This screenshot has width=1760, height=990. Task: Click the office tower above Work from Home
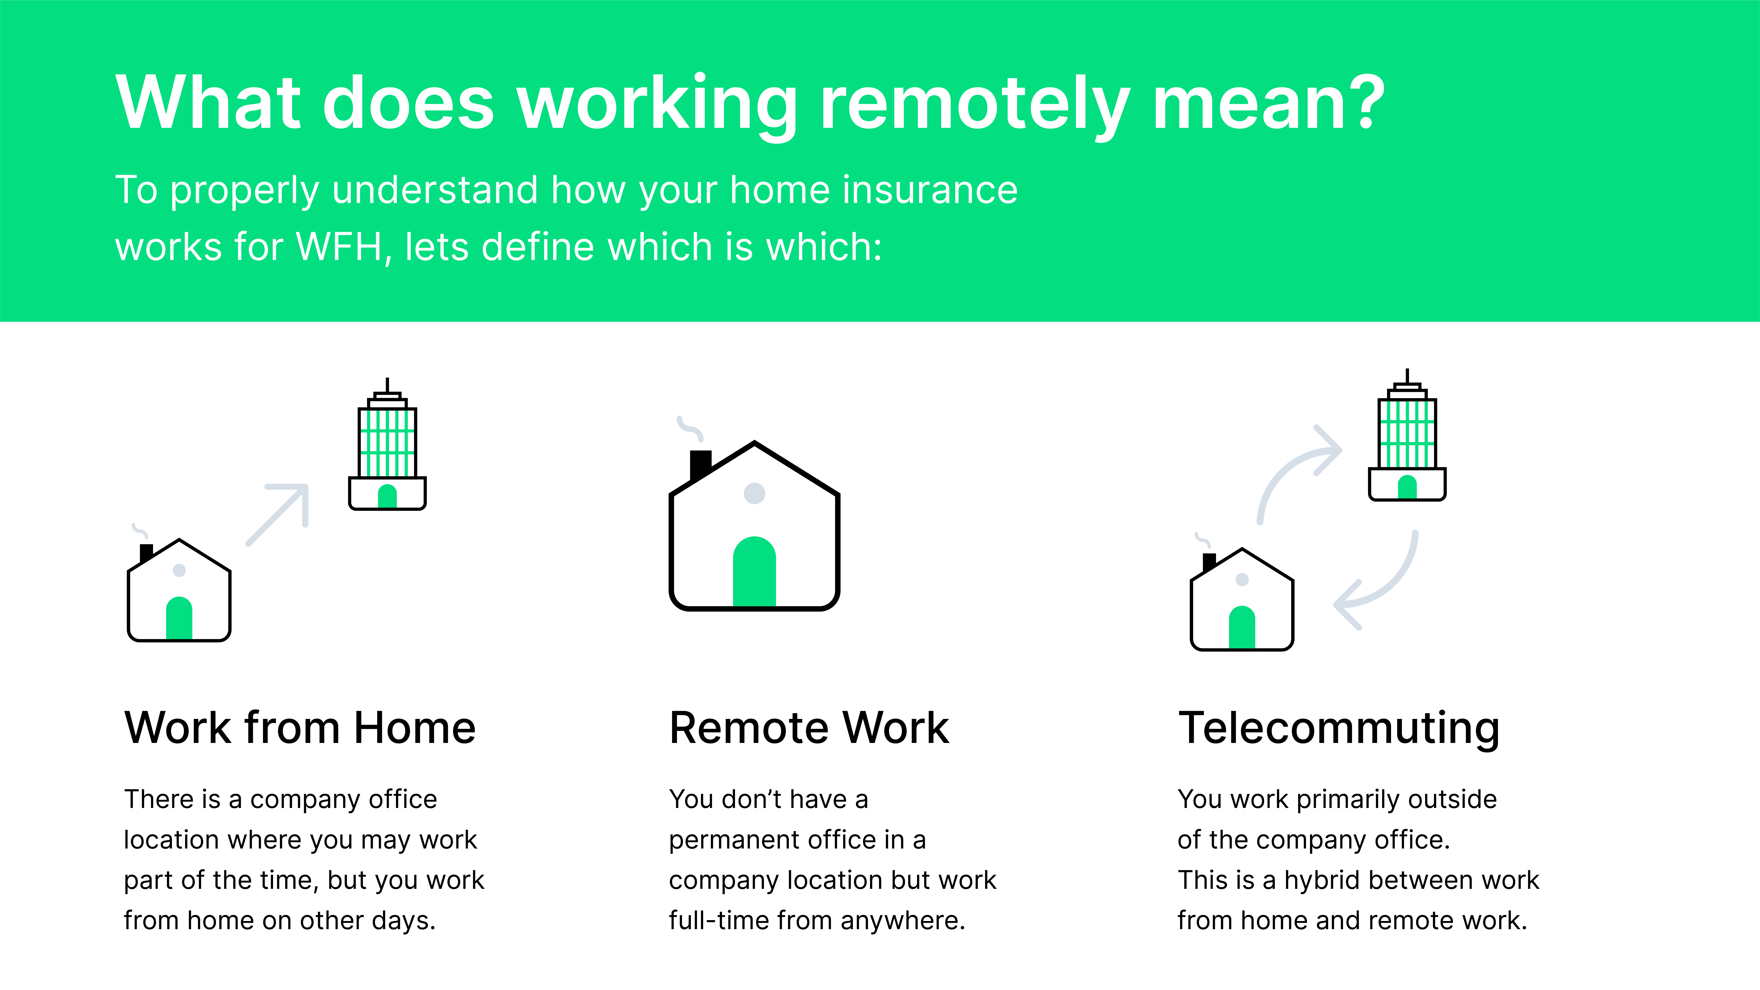pyautogui.click(x=387, y=444)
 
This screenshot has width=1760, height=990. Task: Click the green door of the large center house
pyautogui.click(x=754, y=572)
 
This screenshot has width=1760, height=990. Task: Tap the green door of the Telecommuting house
pyautogui.click(x=1242, y=627)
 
